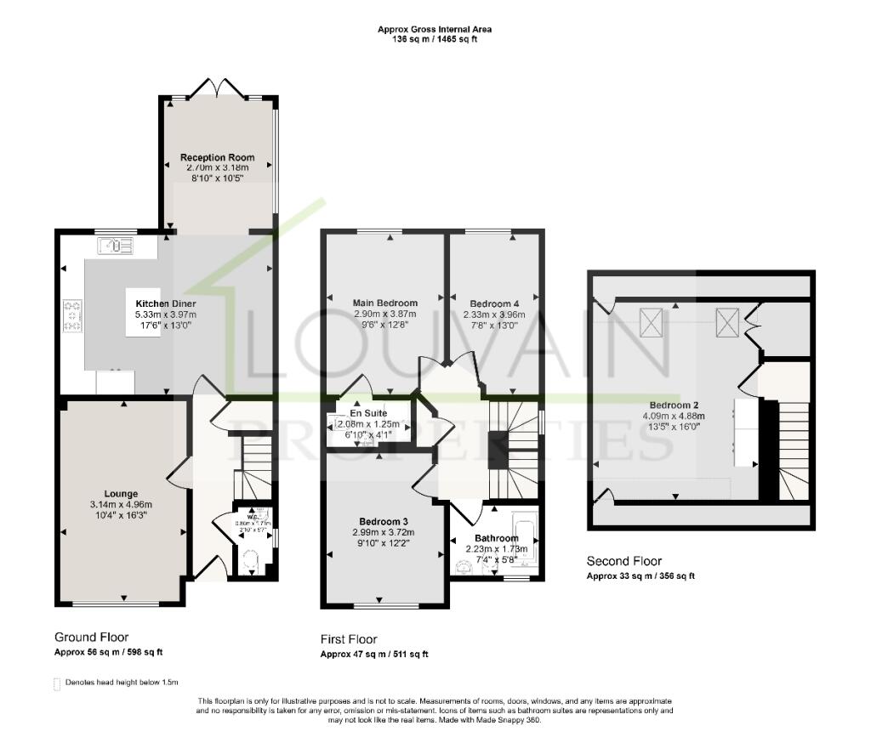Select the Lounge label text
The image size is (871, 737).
point(121,494)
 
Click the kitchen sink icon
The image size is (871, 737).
point(116,247)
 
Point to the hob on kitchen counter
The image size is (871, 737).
point(71,315)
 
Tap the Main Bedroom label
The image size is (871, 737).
point(384,303)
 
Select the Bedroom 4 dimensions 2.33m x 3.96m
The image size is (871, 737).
point(494,315)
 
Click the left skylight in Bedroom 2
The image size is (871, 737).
point(652,323)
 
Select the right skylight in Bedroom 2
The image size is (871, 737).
point(728,322)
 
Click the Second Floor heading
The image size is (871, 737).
point(623,561)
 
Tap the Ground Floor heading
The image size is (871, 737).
point(92,637)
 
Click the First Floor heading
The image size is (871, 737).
point(349,639)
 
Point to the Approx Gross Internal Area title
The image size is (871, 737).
point(435,30)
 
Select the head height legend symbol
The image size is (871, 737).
point(58,683)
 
